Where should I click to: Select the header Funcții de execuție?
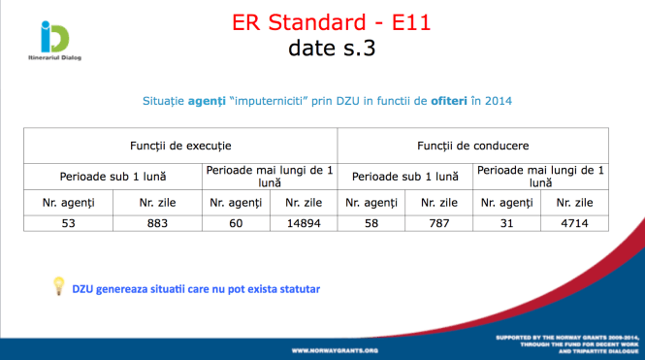pos(180,145)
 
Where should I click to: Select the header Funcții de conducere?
pos(473,145)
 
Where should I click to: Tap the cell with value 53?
pos(67,223)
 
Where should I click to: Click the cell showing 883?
pos(157,223)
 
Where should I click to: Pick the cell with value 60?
pos(236,223)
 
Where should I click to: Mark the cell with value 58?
pos(371,223)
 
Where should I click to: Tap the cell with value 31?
pos(506,223)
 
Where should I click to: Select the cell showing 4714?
pos(575,223)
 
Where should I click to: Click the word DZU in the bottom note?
pos(82,289)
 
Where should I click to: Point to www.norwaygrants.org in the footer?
pos(335,349)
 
